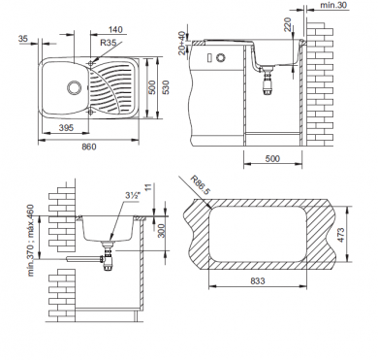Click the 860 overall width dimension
pos(88,147)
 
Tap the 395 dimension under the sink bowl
pos(66,128)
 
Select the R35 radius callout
pos(108,43)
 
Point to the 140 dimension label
pos(115,30)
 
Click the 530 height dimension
pos(166,87)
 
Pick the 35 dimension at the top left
pos(23,39)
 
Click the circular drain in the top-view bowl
pos(74,87)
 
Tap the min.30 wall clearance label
pos(332,5)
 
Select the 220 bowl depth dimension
pos(287,24)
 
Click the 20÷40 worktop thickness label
pos(182,43)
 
